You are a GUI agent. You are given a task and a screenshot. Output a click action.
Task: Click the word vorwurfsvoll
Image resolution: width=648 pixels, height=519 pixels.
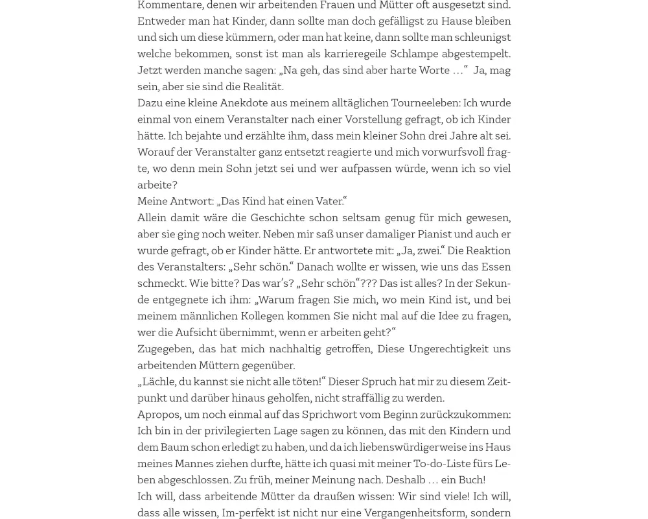point(452,152)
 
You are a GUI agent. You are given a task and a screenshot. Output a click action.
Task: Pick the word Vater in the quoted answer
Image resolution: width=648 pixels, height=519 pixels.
point(329,201)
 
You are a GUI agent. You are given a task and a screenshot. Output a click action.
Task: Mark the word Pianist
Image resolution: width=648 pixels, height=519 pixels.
point(434,234)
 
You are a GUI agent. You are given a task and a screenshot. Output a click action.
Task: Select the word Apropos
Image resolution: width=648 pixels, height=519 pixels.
point(158,414)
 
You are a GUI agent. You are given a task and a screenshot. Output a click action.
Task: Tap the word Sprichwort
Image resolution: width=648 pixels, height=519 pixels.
point(330,414)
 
